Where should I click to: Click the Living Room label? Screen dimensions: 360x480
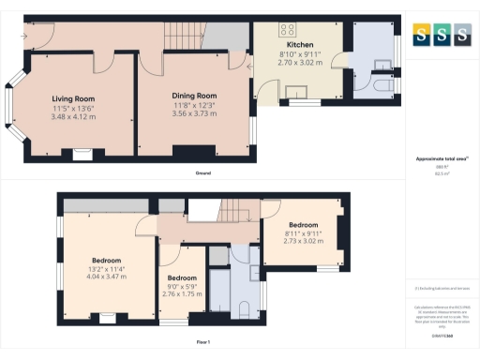(73, 98)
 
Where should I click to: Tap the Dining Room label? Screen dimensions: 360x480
(194, 96)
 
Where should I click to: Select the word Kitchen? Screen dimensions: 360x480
(300, 44)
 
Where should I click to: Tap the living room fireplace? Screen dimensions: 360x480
(82, 150)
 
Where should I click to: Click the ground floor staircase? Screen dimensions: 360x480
(184, 37)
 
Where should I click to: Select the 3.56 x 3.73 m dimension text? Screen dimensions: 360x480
(194, 113)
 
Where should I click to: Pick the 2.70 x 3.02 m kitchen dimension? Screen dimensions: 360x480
(300, 63)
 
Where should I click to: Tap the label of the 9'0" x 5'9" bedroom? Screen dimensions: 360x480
(182, 278)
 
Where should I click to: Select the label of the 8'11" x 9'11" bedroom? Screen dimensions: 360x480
(304, 225)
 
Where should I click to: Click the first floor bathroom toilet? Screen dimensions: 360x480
(243, 309)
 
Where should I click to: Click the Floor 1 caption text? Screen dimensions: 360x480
(203, 342)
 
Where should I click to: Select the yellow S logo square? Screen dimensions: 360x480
(421, 35)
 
